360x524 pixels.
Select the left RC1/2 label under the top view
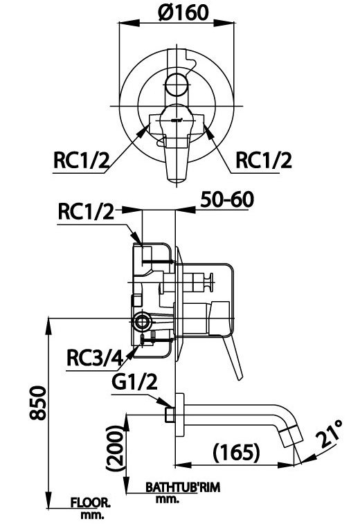(81, 160)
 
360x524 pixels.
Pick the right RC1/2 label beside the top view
(264, 160)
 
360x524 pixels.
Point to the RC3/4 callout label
(95, 358)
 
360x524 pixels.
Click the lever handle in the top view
(177, 149)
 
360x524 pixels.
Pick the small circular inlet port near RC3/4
(143, 321)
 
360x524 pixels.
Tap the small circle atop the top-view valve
(177, 87)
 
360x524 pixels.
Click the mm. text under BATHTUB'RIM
(163, 498)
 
